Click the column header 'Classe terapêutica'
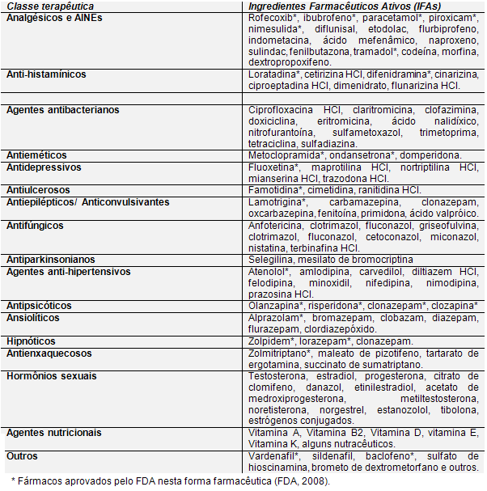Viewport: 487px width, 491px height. [x=51, y=6]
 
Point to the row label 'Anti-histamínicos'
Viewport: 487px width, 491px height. [x=46, y=74]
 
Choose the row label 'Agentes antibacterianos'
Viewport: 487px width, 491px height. [x=63, y=109]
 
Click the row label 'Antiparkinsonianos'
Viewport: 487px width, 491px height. [x=52, y=259]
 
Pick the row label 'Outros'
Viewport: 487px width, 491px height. [x=22, y=456]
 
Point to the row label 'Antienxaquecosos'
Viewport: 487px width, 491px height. [x=49, y=353]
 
